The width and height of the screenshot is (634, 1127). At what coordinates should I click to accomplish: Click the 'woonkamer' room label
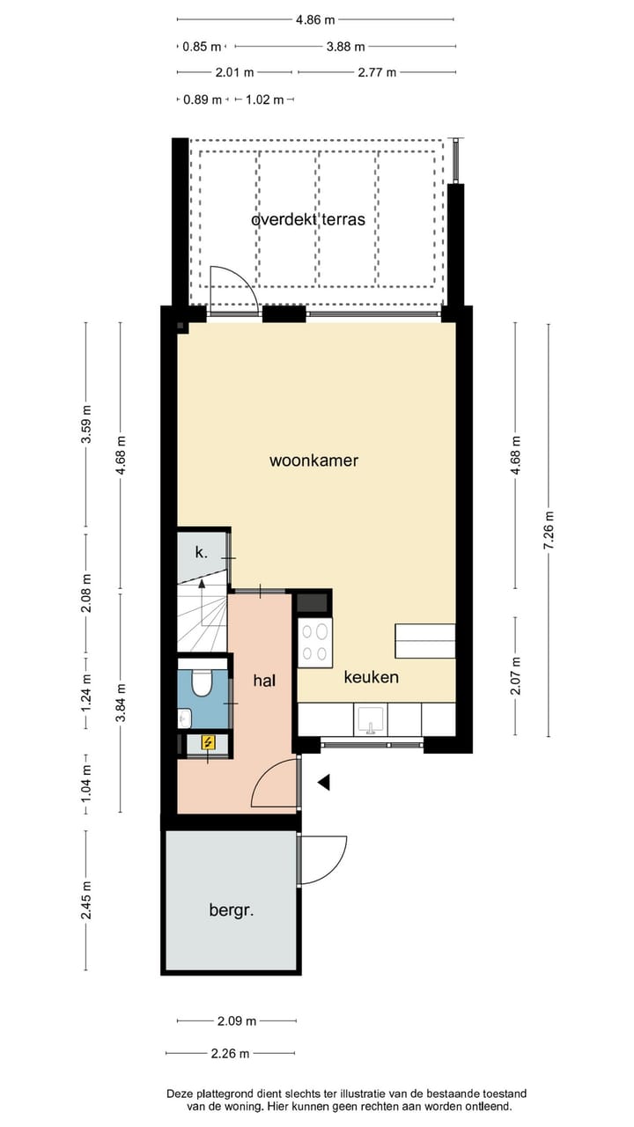point(313,460)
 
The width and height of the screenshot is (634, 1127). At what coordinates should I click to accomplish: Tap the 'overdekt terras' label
point(307,218)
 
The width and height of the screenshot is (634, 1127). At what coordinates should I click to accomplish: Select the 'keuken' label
point(371,677)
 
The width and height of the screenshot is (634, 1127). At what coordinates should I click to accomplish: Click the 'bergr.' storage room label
point(232,910)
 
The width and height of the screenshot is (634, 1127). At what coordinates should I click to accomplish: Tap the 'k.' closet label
point(201,553)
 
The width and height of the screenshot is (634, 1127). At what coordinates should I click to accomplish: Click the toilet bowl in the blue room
point(202,684)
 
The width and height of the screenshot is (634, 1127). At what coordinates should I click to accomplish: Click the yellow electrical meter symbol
point(209,742)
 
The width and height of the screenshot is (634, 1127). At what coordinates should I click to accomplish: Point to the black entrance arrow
point(324,781)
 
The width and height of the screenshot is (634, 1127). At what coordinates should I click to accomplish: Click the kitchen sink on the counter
point(371,719)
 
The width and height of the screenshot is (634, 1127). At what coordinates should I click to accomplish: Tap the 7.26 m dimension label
point(549,530)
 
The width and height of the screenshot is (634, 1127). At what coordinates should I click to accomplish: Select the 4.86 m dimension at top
point(314,18)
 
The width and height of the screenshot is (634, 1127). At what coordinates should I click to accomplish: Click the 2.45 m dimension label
point(86,901)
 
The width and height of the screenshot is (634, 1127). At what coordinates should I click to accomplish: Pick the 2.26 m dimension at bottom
point(230,1052)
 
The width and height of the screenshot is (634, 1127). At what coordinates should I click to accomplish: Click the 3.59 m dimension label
point(86,427)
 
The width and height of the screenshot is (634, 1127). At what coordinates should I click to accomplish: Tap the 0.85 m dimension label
point(202,47)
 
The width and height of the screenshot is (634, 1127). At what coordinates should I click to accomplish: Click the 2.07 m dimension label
point(516,676)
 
